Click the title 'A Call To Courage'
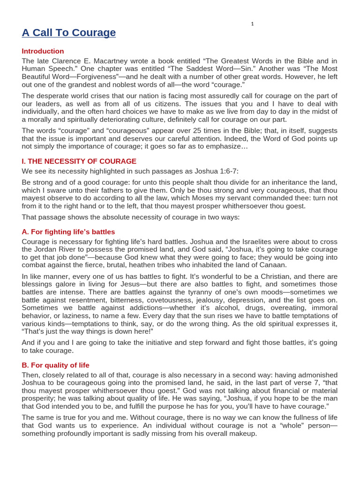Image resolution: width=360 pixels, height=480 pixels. coord(68,32)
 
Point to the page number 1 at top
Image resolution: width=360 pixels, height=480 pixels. coord(252,24)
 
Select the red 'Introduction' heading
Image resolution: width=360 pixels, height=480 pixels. coord(43,51)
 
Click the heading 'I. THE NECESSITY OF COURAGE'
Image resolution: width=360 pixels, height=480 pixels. coord(79,161)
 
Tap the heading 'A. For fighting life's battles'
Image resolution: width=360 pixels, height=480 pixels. coord(68,232)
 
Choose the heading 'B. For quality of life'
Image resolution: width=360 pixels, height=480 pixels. coord(55,365)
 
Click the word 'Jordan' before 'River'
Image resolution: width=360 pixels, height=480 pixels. coord(45,249)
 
